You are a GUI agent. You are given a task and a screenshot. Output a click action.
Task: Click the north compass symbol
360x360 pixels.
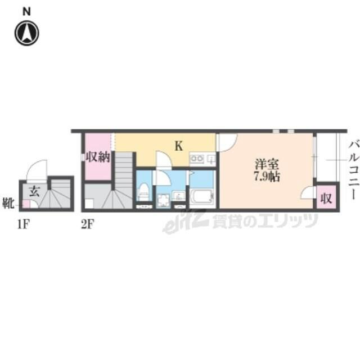pos(27,33)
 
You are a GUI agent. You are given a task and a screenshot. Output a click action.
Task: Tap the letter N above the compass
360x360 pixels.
pos(26,12)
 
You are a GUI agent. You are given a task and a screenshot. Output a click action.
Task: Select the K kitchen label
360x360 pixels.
pos(179,146)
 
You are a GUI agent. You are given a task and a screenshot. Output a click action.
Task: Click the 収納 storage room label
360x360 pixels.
pos(98,157)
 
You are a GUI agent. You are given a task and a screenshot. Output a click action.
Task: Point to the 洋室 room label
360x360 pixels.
pos(267,164)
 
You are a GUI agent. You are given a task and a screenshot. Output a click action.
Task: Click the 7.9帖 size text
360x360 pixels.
pos(267,177)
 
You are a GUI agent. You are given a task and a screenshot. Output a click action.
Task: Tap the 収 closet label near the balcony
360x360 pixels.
pos(326,198)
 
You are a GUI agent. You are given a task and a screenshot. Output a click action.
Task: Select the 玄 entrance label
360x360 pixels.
pos(34,191)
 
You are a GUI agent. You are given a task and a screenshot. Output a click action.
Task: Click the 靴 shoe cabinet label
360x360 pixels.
pos(8,203)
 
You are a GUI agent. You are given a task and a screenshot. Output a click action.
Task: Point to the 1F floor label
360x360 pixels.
pos(24,224)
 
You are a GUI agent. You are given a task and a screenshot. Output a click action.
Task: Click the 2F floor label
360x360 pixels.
pos(88,224)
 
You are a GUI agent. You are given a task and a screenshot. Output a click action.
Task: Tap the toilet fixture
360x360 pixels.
pos(144,192)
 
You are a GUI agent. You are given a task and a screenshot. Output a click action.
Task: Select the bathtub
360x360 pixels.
pos(202,197)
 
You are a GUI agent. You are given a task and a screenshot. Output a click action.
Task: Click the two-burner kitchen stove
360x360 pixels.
pos(197,159)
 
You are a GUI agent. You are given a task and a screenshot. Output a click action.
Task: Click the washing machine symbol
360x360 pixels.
pos(163,201)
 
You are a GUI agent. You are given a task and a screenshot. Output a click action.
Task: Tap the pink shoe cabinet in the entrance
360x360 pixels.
pos(26,204)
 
